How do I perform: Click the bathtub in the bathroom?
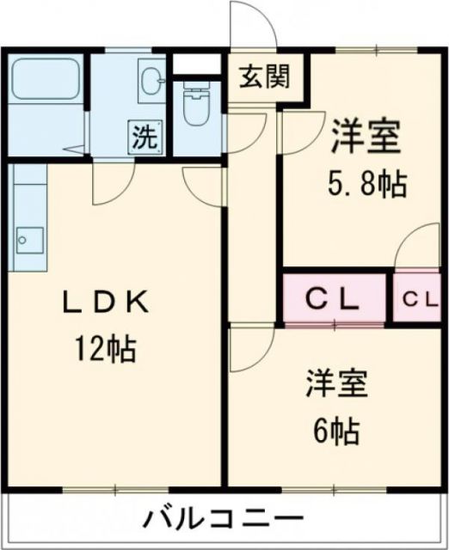click(46, 82)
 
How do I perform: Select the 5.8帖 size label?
click(366, 183)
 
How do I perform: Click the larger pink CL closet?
click(335, 299)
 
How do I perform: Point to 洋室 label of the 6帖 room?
click(336, 382)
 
